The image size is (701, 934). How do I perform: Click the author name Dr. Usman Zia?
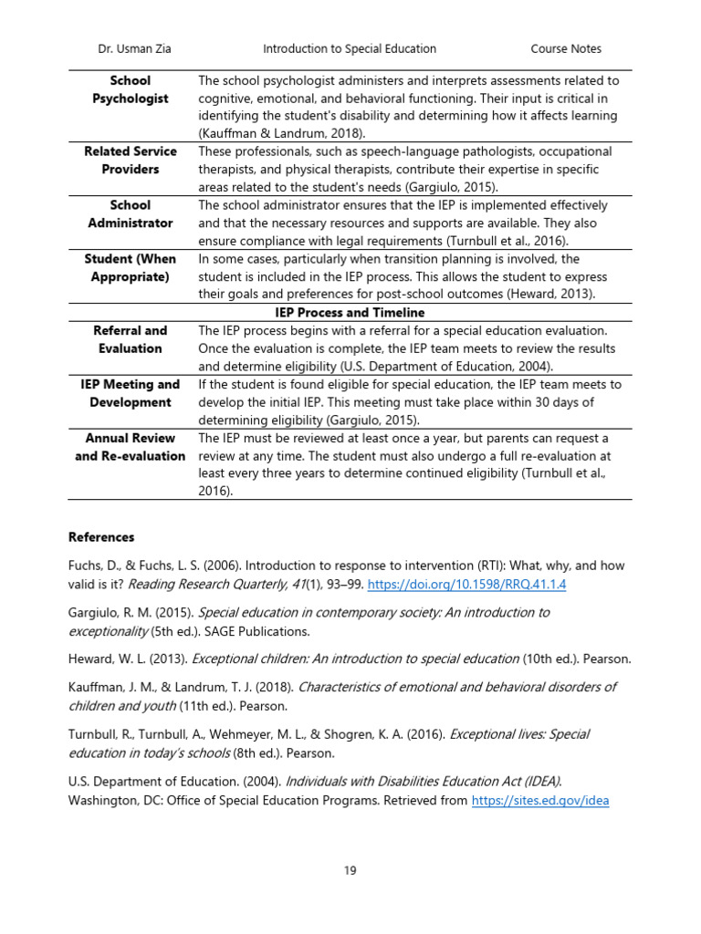tap(133, 49)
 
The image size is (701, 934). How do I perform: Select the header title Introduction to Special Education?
tap(350, 49)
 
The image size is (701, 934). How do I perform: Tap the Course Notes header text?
tap(566, 49)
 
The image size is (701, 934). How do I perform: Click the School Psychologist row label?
tap(130, 89)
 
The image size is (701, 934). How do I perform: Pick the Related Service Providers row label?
tap(130, 161)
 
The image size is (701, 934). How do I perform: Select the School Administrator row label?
tap(130, 214)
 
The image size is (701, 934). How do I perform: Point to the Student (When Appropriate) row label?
tap(130, 267)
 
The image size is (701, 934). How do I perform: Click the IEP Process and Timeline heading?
tap(350, 313)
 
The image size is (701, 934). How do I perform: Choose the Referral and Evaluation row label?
tap(130, 339)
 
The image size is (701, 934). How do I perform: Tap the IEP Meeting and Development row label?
tap(130, 393)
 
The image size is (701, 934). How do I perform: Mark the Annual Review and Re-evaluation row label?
tap(130, 447)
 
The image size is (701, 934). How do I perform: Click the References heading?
tap(101, 537)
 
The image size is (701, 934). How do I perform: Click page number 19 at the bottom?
tap(350, 871)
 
